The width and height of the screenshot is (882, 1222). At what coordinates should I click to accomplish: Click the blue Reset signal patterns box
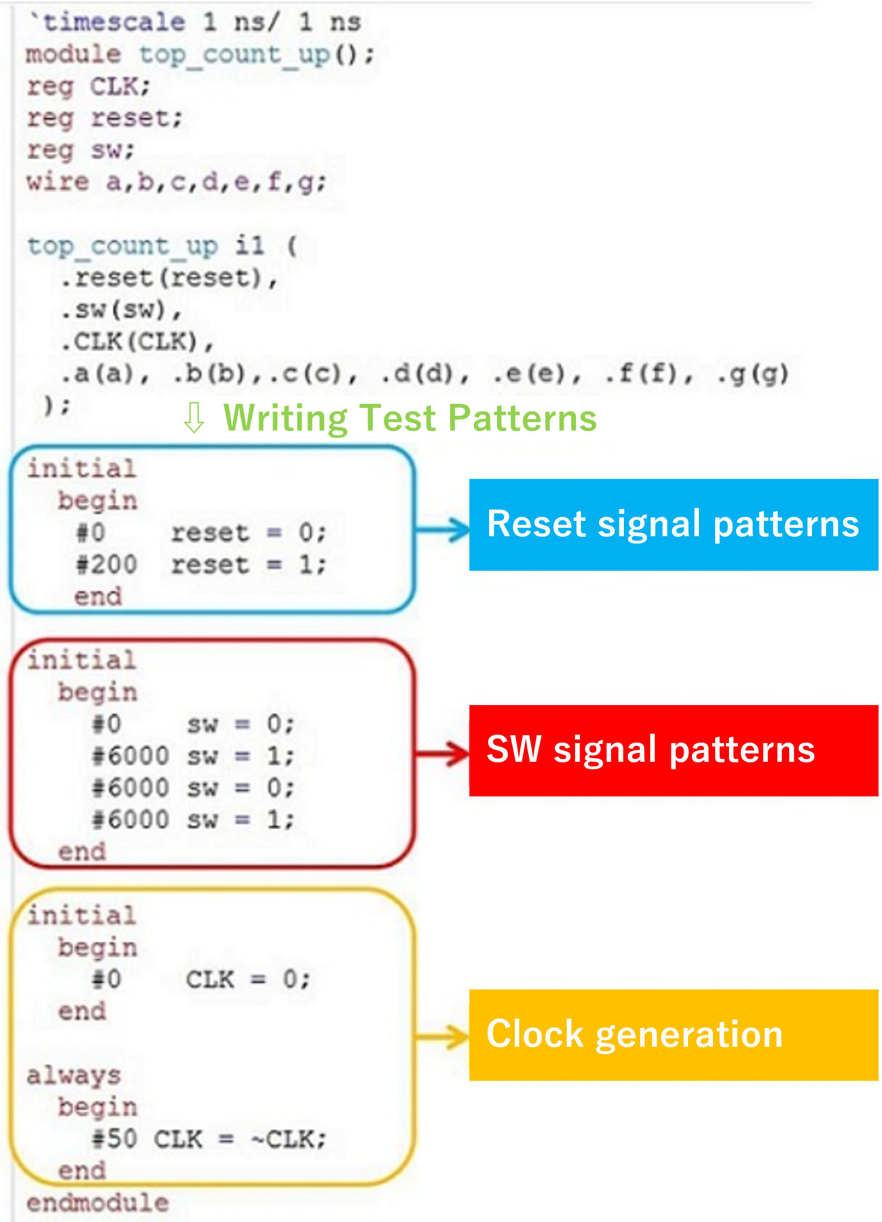[x=673, y=524]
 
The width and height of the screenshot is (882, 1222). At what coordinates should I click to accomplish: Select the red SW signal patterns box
[x=673, y=750]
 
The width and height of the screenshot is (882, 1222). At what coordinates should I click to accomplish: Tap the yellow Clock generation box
[x=673, y=1034]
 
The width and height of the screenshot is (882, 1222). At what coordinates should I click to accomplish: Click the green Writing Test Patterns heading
[x=410, y=418]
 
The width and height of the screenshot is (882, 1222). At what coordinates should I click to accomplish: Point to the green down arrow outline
[x=194, y=418]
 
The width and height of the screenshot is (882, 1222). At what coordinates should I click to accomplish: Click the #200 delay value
[x=107, y=565]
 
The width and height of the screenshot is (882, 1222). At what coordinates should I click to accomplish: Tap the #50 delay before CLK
[x=115, y=1139]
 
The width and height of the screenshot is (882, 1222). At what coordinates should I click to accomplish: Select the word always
[x=74, y=1076]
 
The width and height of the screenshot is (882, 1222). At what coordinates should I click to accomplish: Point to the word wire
[x=58, y=182]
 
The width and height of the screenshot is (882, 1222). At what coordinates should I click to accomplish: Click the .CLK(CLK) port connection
[x=137, y=342]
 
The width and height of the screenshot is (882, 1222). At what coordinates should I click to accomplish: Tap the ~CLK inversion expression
[x=289, y=1139]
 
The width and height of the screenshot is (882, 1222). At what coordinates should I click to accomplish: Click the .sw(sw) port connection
[x=121, y=310]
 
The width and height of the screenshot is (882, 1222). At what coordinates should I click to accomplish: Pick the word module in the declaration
[x=74, y=54]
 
